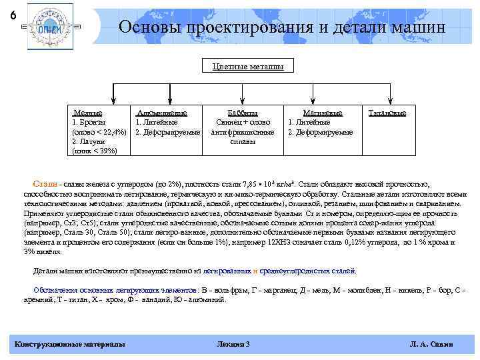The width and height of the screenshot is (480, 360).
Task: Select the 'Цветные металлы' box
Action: pyautogui.click(x=248, y=67)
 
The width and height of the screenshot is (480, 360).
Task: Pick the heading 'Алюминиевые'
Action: pyautogui.click(x=161, y=113)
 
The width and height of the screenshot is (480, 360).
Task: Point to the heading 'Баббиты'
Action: pyautogui.click(x=243, y=113)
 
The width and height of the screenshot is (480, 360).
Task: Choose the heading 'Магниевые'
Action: pyautogui.click(x=323, y=113)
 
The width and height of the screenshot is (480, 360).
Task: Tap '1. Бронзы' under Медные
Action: pyautogui.click(x=89, y=123)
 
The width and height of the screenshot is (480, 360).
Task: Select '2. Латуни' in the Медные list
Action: pyautogui.click(x=89, y=141)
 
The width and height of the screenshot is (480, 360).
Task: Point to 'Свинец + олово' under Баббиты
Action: pyautogui.click(x=243, y=123)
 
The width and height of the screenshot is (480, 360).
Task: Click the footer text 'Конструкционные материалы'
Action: pyautogui.click(x=69, y=344)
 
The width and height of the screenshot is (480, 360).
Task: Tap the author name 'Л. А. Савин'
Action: pyautogui.click(x=432, y=344)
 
